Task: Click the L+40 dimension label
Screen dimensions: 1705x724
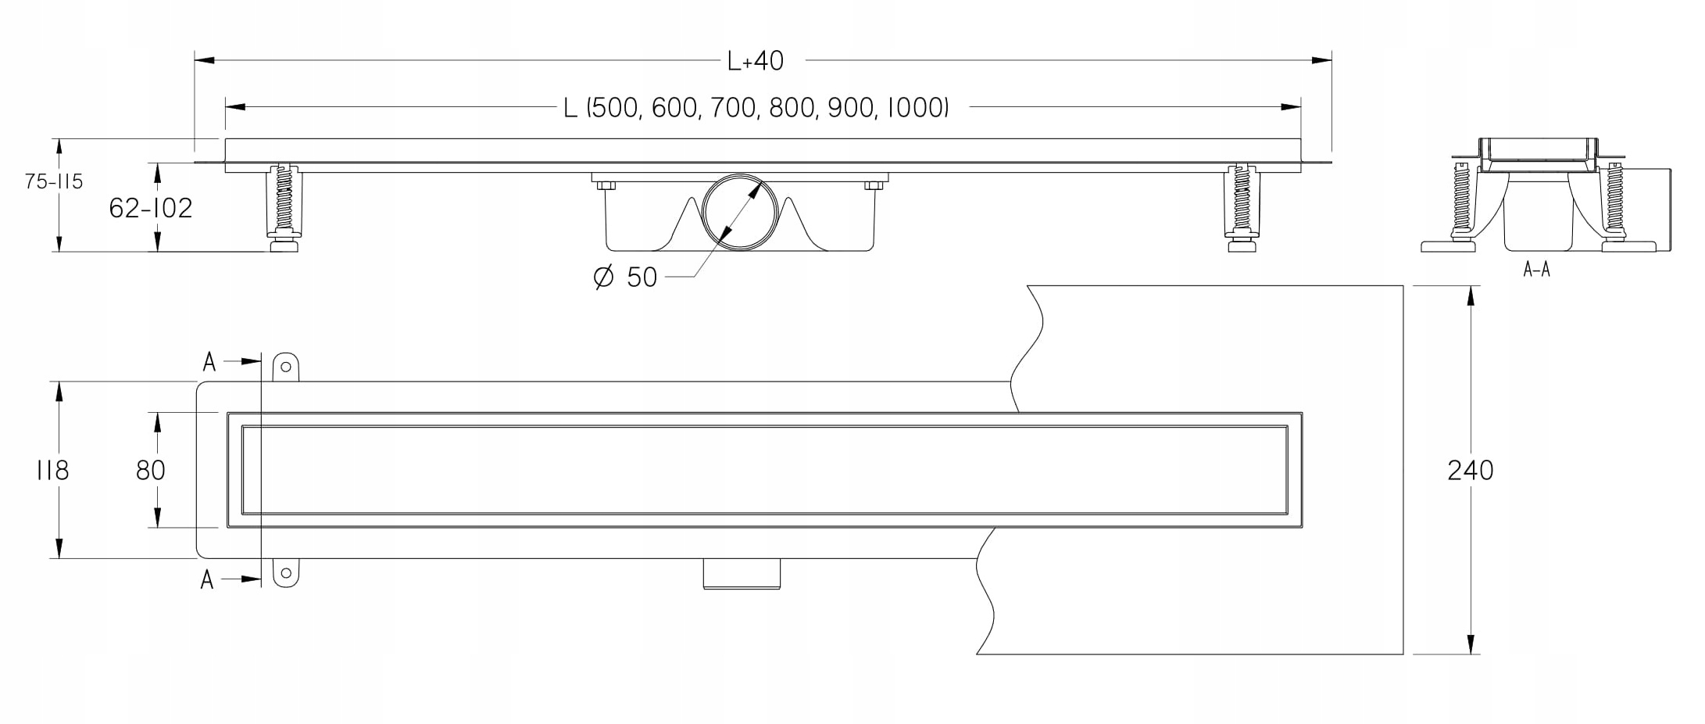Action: [755, 61]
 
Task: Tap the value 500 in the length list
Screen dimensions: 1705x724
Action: [613, 108]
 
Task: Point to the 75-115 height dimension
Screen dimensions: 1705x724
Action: [53, 182]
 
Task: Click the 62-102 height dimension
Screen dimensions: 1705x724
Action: [151, 208]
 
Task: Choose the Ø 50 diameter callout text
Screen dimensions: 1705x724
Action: [625, 277]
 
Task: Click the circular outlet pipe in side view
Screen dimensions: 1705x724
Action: [739, 212]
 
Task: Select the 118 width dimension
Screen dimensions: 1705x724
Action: [52, 470]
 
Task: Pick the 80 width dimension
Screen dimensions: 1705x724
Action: [151, 470]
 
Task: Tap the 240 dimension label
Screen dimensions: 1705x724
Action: [1471, 470]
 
